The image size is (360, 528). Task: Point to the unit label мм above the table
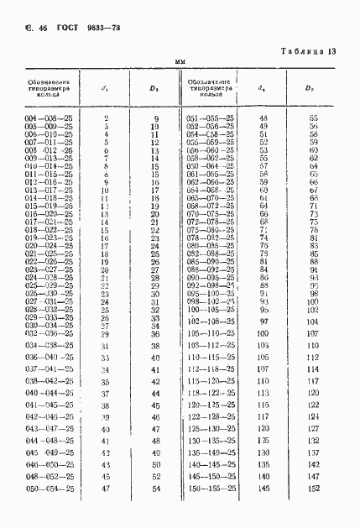pos(180,62)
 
